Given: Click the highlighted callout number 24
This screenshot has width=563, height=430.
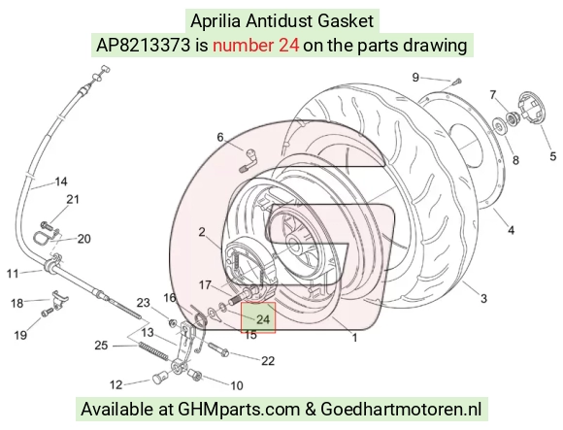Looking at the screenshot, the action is (263, 319).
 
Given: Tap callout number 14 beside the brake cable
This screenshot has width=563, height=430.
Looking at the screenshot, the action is (61, 182).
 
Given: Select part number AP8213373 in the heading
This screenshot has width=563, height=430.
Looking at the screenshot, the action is (143, 46).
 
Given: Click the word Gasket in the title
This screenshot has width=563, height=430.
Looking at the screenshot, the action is (346, 20).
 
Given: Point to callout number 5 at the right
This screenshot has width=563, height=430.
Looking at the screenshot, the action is (553, 156).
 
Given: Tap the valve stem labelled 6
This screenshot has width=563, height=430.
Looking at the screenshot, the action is (247, 160).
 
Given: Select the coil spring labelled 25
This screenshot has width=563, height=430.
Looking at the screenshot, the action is (153, 350).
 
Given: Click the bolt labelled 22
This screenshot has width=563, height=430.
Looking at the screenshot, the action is (218, 349).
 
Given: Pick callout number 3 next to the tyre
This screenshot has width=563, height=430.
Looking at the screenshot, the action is (483, 298).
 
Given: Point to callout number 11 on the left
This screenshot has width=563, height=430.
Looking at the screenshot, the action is (13, 274).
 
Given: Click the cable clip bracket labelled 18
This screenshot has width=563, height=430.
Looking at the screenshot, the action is (59, 298).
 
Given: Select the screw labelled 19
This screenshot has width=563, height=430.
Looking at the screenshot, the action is (47, 313).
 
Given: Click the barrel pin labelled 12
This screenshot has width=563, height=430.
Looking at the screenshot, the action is (160, 379).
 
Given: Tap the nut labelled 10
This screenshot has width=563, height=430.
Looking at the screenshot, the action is (196, 375).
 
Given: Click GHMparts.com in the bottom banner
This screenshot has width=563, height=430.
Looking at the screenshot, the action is (239, 409).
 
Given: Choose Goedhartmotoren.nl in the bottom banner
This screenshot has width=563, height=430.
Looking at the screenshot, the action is (401, 409).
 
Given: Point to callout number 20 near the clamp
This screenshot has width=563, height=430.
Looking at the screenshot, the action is (84, 239).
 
